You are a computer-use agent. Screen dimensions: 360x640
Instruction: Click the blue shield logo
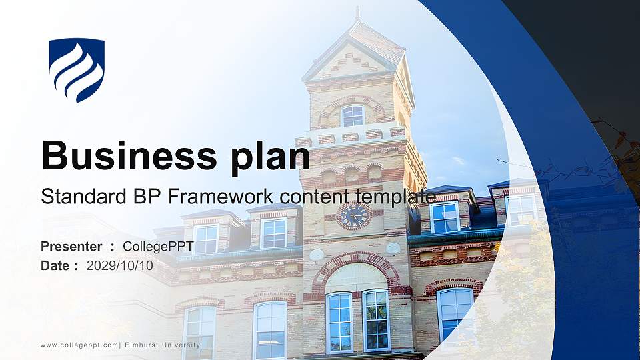click(77, 70)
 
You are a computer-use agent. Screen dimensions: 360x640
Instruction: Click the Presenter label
click(71, 247)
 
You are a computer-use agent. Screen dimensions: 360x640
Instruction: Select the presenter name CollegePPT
click(159, 247)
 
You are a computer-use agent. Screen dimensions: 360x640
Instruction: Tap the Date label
click(55, 265)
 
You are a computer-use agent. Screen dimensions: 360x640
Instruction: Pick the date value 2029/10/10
click(120, 265)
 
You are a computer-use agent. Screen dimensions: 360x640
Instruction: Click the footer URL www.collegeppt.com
click(79, 345)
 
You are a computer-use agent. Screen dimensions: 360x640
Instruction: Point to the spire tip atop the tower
click(357, 11)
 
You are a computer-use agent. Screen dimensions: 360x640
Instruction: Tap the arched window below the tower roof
click(352, 115)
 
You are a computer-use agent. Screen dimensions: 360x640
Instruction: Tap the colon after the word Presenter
click(112, 247)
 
